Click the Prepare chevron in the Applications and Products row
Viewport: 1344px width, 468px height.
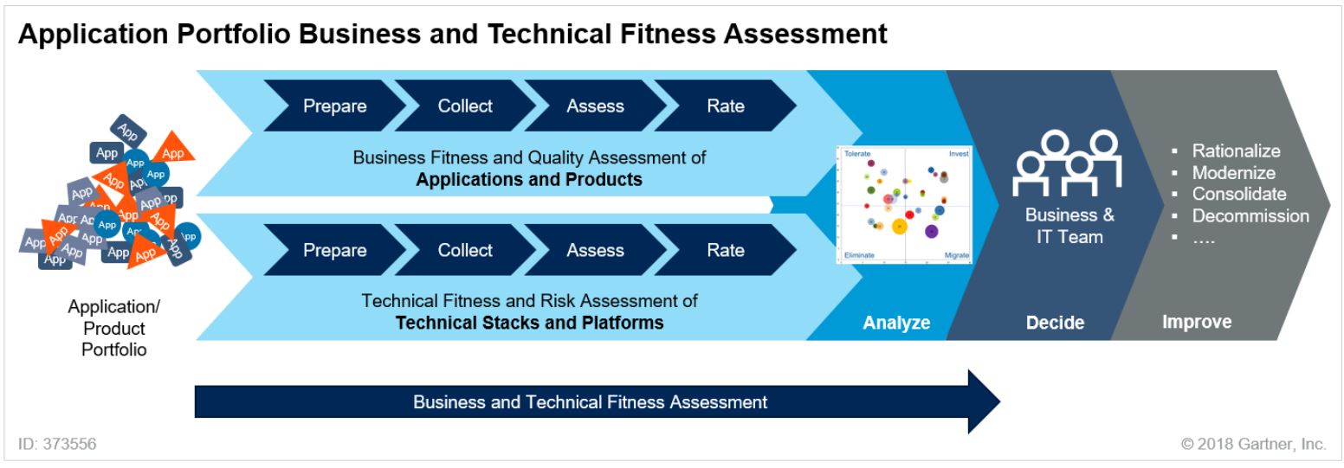click(334, 106)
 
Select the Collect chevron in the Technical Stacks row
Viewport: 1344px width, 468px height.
click(465, 250)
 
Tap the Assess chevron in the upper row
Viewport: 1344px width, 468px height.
click(595, 106)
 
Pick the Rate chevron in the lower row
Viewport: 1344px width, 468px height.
click(726, 250)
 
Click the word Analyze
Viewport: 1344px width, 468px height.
click(896, 323)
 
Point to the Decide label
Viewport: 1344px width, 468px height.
click(1055, 323)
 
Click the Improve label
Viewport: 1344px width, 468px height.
click(1196, 322)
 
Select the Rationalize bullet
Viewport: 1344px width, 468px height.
click(1236, 151)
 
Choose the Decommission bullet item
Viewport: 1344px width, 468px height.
click(1250, 215)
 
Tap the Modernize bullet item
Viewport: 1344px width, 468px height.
click(1233, 172)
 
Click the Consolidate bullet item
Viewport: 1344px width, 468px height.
click(1238, 194)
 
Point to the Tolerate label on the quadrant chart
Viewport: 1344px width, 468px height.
click(856, 153)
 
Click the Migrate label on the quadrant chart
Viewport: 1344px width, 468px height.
click(957, 256)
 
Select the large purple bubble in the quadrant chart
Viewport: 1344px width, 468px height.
click(932, 231)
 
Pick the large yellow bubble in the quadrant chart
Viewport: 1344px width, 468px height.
click(899, 227)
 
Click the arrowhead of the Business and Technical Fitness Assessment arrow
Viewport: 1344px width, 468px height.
click(983, 402)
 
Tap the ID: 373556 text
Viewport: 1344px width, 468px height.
click(57, 444)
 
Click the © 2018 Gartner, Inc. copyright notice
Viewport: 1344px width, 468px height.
click(1253, 444)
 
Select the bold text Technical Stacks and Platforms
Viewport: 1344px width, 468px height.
click(529, 323)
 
